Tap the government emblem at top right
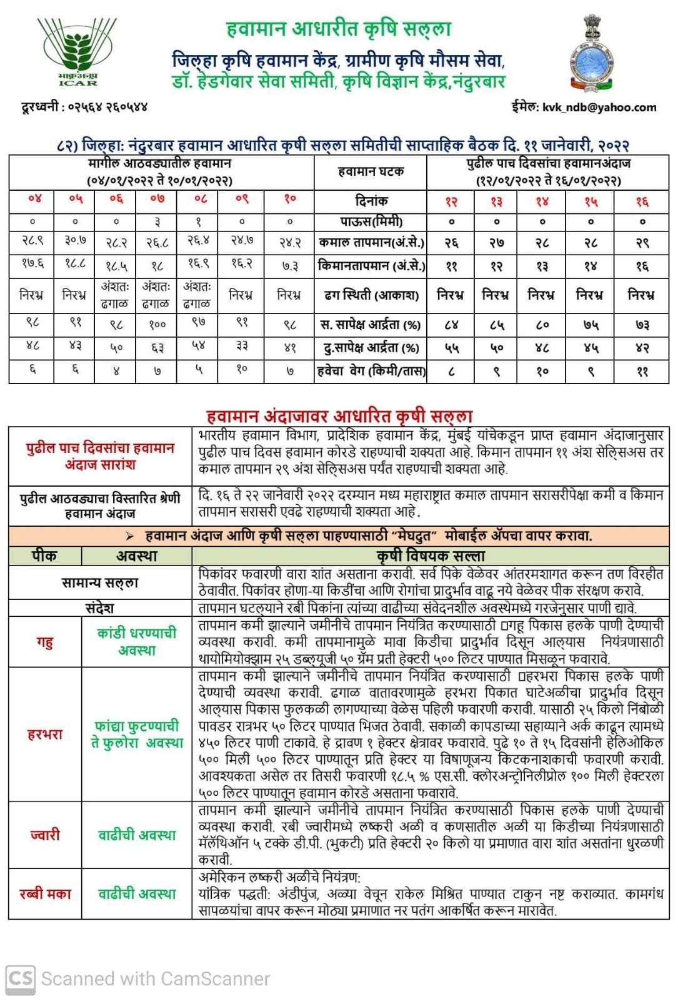[591, 54]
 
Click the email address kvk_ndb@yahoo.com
[599, 108]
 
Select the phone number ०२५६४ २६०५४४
[106, 107]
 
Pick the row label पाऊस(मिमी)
[371, 221]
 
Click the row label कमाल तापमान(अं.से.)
[371, 243]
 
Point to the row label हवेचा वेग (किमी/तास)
[371, 371]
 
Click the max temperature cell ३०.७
[75, 241]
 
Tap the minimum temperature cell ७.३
[289, 266]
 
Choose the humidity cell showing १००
[157, 324]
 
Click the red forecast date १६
[642, 201]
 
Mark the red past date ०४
[34, 199]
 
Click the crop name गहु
[44, 642]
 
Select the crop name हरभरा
[44, 734]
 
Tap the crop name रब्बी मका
[45, 894]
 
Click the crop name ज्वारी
[44, 835]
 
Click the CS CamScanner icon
[20, 978]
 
